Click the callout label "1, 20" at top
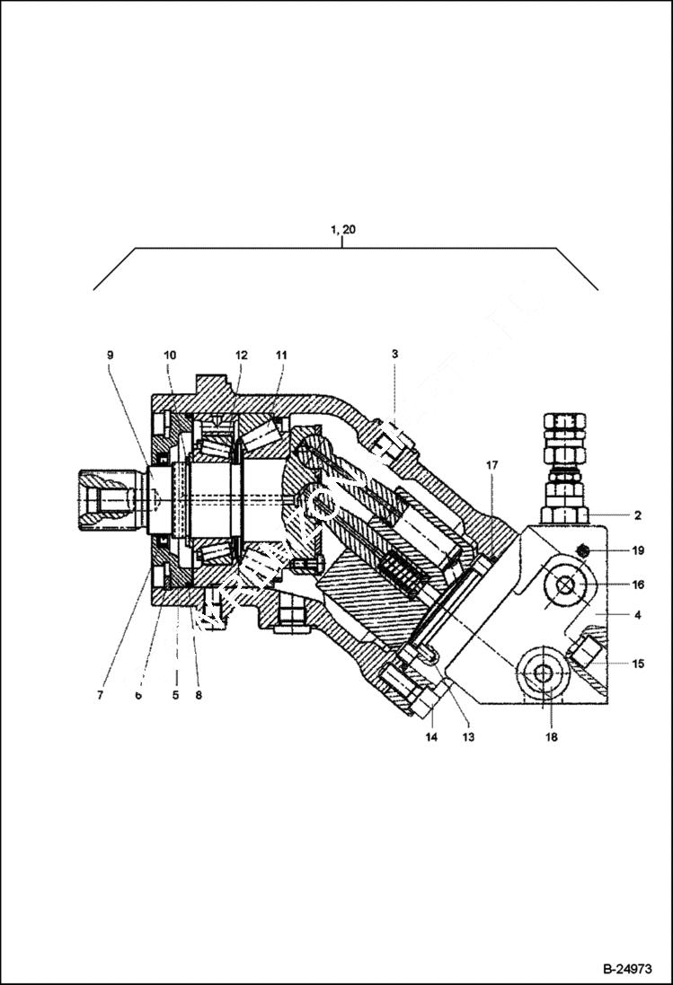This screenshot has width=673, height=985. click(342, 230)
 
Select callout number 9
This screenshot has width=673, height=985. click(111, 356)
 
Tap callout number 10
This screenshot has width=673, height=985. click(171, 356)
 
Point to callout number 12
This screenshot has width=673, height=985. click(241, 356)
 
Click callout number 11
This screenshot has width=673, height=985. click(281, 356)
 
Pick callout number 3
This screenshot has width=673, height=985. click(394, 356)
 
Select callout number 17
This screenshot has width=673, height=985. click(491, 465)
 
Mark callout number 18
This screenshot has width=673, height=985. click(551, 737)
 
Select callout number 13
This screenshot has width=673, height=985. click(468, 737)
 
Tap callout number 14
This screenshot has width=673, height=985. click(431, 737)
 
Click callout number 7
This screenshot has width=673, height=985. click(101, 695)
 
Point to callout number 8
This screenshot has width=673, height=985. click(198, 695)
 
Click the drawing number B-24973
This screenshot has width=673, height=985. click(625, 969)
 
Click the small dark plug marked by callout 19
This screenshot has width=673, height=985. click(582, 551)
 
